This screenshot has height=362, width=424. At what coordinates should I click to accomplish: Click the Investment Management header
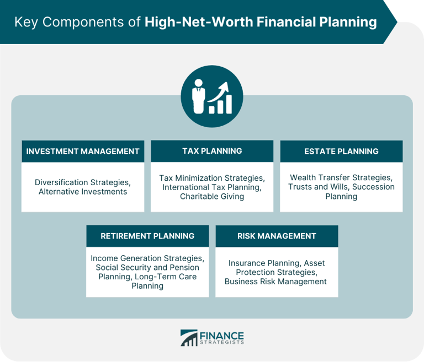pos(83,151)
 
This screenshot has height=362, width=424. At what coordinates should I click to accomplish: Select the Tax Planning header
pos(212,150)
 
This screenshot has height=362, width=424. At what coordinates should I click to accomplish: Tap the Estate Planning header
pos(341,151)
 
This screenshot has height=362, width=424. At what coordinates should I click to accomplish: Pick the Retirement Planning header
pos(147,236)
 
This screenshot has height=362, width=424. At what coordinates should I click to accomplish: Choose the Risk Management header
pos(277,236)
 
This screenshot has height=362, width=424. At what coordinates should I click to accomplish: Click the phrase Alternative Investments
pos(83,192)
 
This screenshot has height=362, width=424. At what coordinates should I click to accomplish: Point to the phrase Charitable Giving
pos(212,197)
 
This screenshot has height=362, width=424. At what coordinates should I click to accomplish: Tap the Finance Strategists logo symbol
pos(189,338)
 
